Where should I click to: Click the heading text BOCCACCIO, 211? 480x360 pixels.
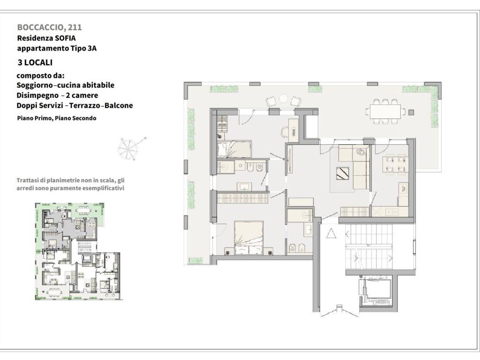(50, 27)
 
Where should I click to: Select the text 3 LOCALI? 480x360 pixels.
(35, 62)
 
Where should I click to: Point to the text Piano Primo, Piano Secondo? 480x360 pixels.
(57, 118)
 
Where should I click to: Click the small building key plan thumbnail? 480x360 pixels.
(78, 251)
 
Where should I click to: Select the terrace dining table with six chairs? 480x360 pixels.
(385, 112)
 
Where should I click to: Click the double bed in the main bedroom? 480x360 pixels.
(248, 238)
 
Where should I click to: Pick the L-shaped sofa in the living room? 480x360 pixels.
(353, 166)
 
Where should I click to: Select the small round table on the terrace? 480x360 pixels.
(284, 98)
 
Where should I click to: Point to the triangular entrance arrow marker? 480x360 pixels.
(331, 233)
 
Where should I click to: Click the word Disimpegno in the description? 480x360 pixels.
(37, 96)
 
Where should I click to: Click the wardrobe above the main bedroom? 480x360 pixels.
(242, 197)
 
